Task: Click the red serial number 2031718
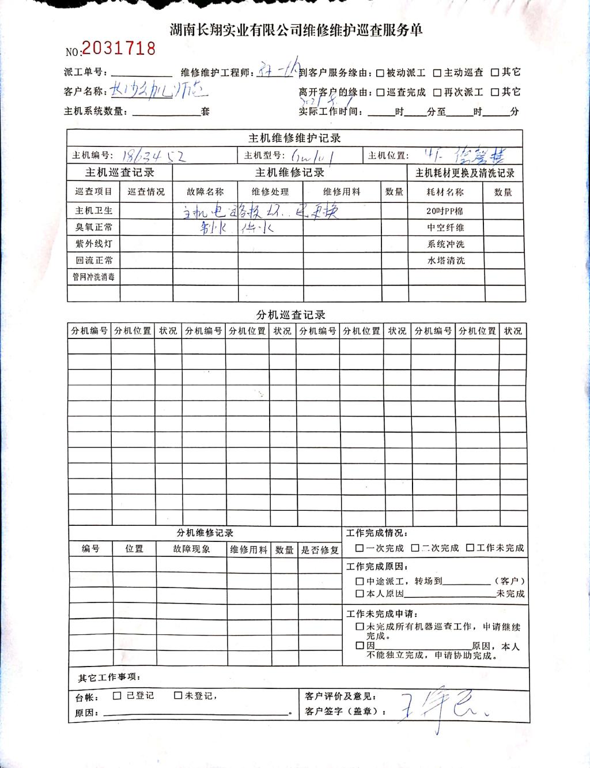tap(119, 48)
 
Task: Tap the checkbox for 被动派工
tap(380, 73)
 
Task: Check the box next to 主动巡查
tap(437, 73)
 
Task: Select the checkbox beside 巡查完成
tap(380, 92)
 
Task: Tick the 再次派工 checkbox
tap(437, 92)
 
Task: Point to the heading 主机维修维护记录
tap(294, 138)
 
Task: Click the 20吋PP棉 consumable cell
tap(445, 211)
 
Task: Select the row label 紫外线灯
tap(94, 244)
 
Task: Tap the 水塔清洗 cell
tap(445, 261)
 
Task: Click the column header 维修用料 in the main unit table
tap(342, 192)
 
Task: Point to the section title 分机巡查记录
tap(291, 315)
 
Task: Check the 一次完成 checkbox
tap(360, 548)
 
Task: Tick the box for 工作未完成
tap(470, 548)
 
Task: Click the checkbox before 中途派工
tap(360, 582)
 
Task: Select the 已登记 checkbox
tap(118, 696)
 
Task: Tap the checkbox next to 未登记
tap(179, 696)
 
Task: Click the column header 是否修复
tap(320, 550)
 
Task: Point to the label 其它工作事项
tap(109, 677)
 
